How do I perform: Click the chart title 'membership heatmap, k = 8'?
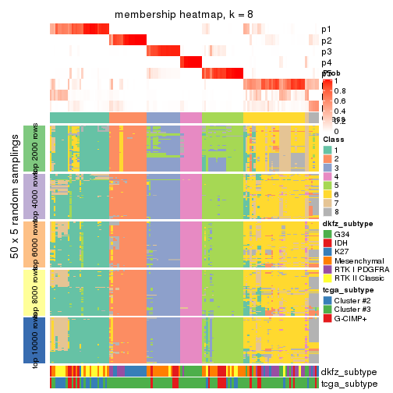pos(184,16)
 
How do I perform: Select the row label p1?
pos(326,30)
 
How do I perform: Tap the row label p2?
pos(326,41)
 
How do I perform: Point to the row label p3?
pos(326,51)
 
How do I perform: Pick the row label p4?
pos(326,62)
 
